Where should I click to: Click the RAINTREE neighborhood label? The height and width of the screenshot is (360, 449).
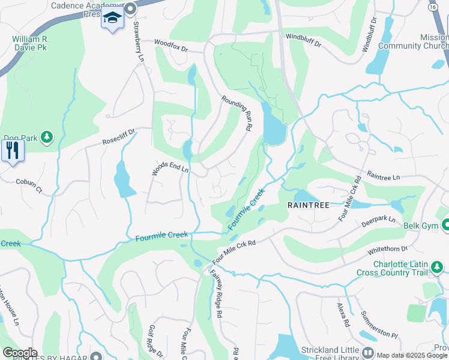[308, 205]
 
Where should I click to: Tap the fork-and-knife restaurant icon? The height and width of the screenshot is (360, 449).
[12, 150]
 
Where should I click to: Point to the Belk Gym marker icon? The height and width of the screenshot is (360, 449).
[446, 225]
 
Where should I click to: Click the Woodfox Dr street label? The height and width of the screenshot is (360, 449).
[170, 46]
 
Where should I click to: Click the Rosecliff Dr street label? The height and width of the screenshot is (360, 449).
[119, 136]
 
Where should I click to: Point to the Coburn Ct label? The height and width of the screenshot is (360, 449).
[29, 187]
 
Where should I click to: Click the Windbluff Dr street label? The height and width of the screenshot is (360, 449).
[303, 40]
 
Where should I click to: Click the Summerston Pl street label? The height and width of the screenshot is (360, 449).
[379, 325]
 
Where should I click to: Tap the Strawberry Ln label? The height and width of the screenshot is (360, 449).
[138, 41]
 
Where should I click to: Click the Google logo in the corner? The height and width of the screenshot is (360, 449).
[19, 352]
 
